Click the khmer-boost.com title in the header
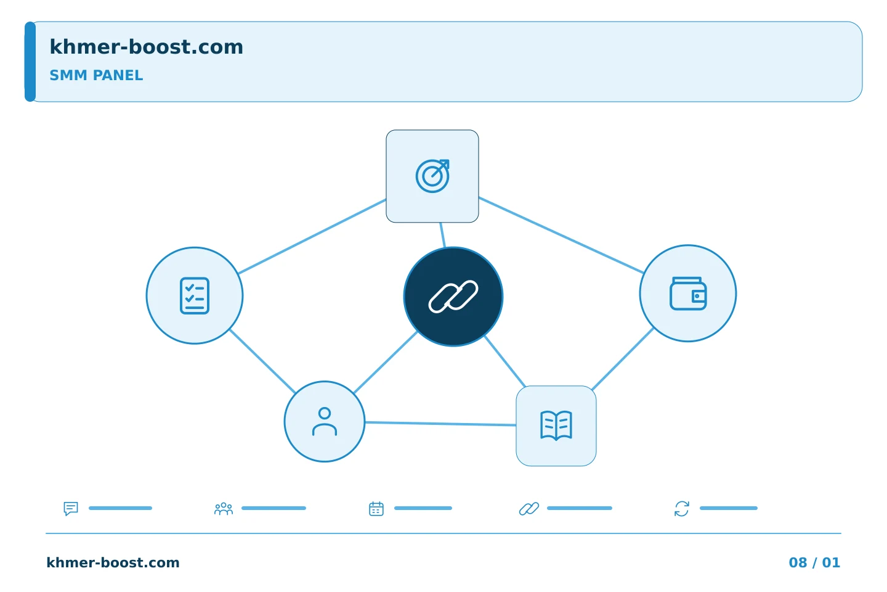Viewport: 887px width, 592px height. (146, 47)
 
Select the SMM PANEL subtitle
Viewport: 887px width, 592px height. (96, 75)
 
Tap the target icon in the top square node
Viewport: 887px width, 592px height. (432, 176)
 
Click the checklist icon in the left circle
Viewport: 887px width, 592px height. (195, 296)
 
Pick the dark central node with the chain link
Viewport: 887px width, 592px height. (453, 297)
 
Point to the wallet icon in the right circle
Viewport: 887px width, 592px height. (688, 294)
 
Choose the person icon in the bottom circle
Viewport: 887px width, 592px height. (325, 422)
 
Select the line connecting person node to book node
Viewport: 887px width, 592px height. (440, 424)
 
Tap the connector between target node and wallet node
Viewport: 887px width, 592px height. (561, 235)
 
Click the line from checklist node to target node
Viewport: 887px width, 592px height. (312, 236)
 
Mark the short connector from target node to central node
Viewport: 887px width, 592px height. (443, 235)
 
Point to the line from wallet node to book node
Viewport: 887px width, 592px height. (623, 359)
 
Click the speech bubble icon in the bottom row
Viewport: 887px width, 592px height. (71, 508)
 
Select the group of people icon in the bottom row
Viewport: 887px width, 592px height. (224, 509)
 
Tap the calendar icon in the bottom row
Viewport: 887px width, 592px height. (376, 509)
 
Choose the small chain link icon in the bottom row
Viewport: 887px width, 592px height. (529, 509)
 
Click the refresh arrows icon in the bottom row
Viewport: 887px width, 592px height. (682, 509)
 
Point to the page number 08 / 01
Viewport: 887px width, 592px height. (814, 562)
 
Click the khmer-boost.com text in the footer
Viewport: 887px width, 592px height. (113, 562)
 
